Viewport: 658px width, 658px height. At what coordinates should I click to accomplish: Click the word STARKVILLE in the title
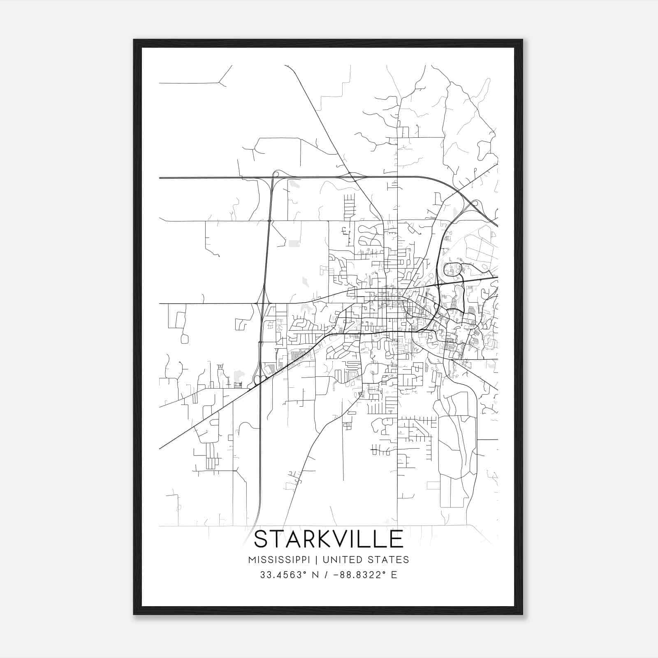click(x=329, y=539)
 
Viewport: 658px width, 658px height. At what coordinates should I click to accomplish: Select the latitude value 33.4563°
click(x=284, y=575)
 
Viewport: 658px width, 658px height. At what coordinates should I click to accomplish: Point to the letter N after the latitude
click(x=316, y=575)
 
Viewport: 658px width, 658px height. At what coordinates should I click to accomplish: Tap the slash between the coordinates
click(x=326, y=575)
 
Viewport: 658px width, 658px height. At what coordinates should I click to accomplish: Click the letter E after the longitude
click(x=394, y=575)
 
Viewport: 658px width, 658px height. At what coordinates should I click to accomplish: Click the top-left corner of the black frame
click(x=134, y=40)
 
